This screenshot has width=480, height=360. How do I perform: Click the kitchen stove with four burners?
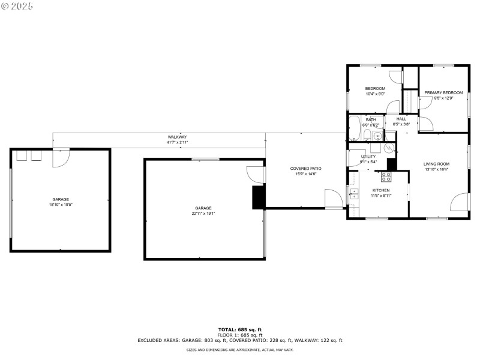pos(386,177)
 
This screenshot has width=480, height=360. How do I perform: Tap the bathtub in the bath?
pos(355,128)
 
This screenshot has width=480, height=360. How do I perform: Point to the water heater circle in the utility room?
pos(389,148)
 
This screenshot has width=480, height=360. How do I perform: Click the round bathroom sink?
pos(377,136)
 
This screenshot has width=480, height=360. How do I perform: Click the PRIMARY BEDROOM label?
pos(443,92)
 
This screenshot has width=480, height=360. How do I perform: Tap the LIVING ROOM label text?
pos(436,164)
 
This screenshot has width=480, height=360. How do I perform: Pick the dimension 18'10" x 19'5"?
pos(60,205)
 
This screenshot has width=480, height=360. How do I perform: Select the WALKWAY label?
pos(177,137)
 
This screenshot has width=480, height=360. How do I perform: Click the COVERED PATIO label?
pos(305,169)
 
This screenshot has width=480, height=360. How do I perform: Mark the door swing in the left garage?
pos(61,158)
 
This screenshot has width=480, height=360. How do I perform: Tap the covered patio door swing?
pos(333,199)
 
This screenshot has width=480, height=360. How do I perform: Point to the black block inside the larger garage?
pos(258,197)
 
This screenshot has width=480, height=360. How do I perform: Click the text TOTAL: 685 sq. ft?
pos(239,329)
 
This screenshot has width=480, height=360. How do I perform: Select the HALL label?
pos(401,119)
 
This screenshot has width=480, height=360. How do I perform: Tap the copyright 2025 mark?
pos(17,6)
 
